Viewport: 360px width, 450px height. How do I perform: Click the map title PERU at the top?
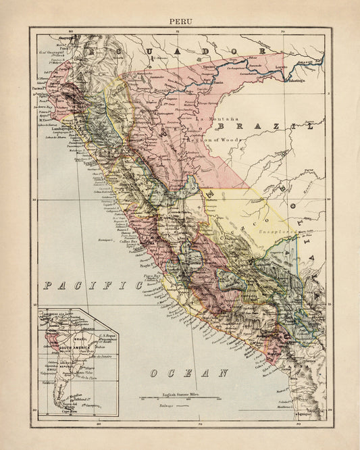coord(180,20)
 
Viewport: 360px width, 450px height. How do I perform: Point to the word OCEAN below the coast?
coord(190,373)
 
